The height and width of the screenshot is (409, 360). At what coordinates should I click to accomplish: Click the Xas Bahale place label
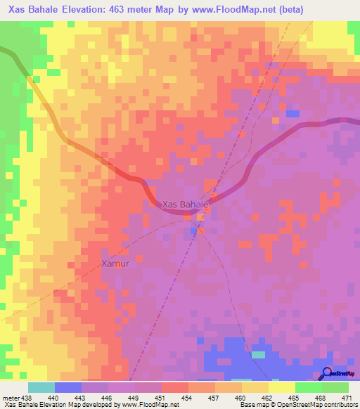[x=186, y=204]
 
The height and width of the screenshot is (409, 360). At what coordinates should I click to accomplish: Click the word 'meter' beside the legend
[x=10, y=397]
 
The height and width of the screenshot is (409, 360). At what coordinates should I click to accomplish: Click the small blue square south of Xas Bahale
[x=193, y=230]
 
